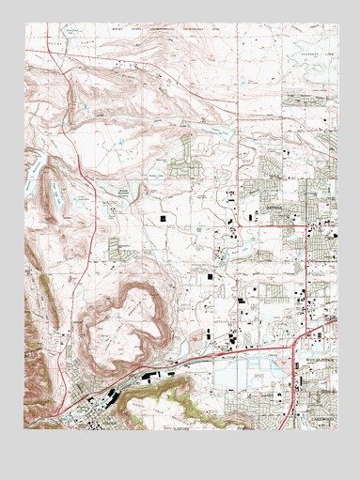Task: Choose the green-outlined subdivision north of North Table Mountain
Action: tap(120, 249)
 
